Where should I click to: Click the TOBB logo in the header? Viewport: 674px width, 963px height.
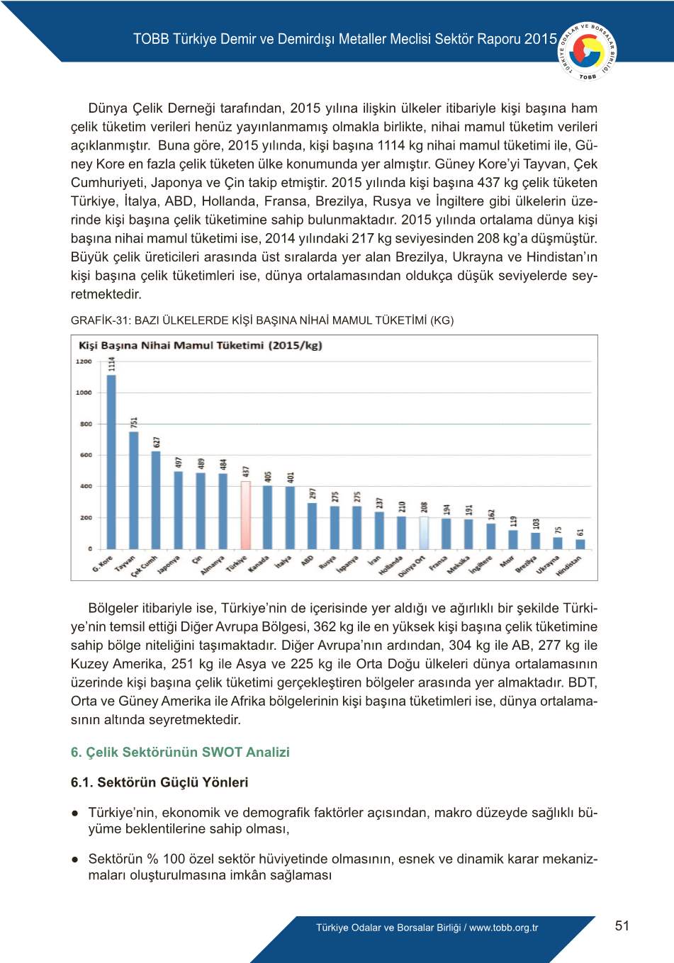point(588,52)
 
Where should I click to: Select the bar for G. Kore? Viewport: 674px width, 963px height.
point(111,461)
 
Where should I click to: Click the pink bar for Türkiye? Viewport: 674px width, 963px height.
point(246,515)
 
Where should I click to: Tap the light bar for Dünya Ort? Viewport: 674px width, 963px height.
point(424,533)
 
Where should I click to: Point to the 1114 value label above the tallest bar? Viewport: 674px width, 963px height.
point(112,364)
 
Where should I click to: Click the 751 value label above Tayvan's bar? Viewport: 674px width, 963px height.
point(134,422)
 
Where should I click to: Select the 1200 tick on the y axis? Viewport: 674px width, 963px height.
point(84,361)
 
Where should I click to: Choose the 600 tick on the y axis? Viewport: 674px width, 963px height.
point(86,455)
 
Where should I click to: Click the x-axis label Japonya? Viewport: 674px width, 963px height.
point(169,564)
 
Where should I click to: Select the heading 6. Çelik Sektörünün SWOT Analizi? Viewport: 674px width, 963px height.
point(180,752)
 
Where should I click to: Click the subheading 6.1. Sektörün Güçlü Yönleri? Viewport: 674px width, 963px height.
point(159,782)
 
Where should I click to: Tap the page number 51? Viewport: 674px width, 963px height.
point(622,925)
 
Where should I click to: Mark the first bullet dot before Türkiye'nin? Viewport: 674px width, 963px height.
point(74,813)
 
